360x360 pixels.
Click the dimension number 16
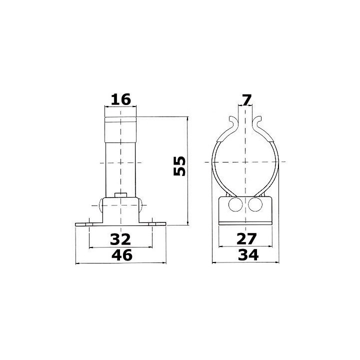120,99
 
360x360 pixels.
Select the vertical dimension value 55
179,165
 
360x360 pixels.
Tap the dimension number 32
120,237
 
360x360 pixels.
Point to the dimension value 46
120,255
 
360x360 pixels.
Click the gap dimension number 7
246,99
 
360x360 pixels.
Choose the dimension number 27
246,237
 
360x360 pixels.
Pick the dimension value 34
246,255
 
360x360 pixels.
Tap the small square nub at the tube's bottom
120,194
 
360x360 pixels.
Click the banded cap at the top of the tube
120,121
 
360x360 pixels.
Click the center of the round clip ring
245,162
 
